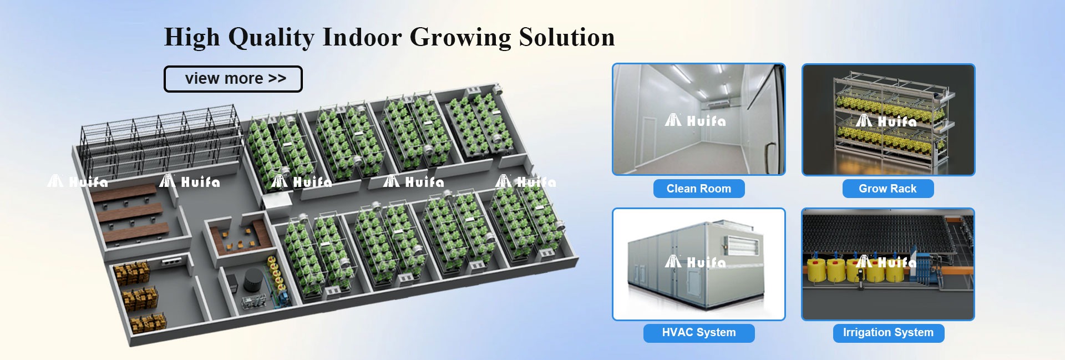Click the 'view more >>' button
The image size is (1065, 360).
coord(233,79)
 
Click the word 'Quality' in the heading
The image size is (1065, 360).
coord(271,38)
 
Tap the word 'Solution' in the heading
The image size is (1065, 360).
coord(567,37)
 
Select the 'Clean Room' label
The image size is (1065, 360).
coord(699,189)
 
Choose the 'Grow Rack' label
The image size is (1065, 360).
coord(888,189)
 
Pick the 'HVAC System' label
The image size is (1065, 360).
coord(699,333)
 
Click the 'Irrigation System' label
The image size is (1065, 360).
coord(889,333)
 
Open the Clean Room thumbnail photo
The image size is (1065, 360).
coord(699,119)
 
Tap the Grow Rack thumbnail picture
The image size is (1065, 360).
coord(889,119)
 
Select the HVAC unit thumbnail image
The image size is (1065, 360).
coord(699,264)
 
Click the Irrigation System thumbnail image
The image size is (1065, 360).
coord(888,264)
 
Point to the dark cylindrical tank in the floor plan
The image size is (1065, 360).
coord(253,280)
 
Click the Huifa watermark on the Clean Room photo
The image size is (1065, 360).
coord(696,120)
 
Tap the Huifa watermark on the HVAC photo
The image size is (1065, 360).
coord(696,261)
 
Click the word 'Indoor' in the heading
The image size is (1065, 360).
coord(362,37)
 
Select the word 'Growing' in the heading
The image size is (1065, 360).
coord(460,38)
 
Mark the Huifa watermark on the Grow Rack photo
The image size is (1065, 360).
coord(886,120)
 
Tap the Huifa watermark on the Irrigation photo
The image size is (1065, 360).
coord(886,261)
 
